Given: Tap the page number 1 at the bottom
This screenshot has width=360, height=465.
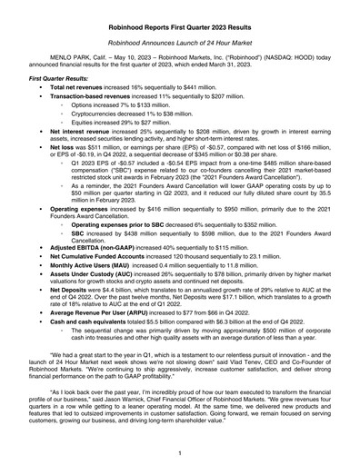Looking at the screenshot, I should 180,451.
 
